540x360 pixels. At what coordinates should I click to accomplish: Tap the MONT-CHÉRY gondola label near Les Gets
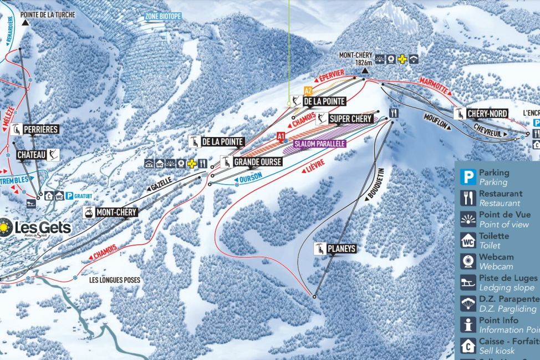[x=116, y=212]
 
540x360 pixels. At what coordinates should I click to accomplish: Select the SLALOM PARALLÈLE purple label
[x=320, y=144]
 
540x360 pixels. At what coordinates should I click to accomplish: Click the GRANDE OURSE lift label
[x=257, y=162]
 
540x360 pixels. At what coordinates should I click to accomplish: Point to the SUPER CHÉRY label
[x=350, y=119]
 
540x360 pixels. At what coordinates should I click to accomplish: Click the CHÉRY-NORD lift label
[x=487, y=114]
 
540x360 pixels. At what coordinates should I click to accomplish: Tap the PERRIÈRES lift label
[x=40, y=129]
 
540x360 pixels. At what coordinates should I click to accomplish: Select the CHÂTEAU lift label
[x=32, y=154]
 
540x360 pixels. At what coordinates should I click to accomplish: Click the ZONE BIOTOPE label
[x=163, y=17]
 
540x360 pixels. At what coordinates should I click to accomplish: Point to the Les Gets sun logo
[x=5, y=227]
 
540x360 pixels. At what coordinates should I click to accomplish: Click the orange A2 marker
[x=308, y=90]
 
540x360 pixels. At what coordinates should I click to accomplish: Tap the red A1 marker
[x=281, y=135]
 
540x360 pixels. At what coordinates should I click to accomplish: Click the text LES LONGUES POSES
[x=115, y=280]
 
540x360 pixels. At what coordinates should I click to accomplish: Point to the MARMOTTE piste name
[x=434, y=82]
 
